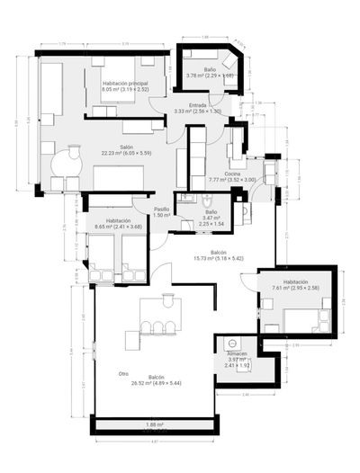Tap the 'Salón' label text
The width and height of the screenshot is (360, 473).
coord(127,147)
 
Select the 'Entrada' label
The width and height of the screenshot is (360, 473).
coord(197,104)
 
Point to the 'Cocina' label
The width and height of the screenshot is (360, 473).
coord(232,174)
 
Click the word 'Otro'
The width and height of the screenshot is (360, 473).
coord(123,373)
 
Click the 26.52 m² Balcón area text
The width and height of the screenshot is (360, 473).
coord(156,383)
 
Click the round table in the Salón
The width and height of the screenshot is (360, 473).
coord(66,164)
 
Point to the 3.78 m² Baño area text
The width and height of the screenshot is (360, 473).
coord(209,76)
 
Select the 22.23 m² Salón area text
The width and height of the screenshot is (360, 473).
coord(127,153)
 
